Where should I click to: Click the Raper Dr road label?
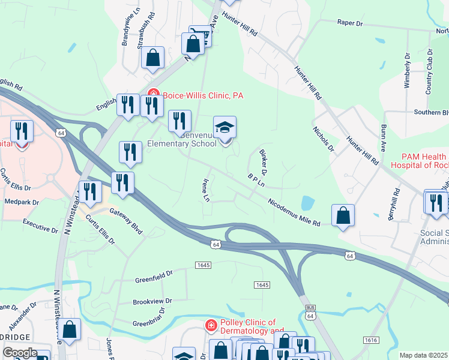coord(351,23)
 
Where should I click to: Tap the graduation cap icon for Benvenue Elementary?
coord(225,128)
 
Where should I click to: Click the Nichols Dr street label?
coord(322,139)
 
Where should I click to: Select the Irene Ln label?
coord(206,189)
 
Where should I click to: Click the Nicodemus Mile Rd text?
coord(294,212)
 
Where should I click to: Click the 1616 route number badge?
coord(371,340)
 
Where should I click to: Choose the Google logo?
coord(19,353)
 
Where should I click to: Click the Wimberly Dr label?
coord(408,70)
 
